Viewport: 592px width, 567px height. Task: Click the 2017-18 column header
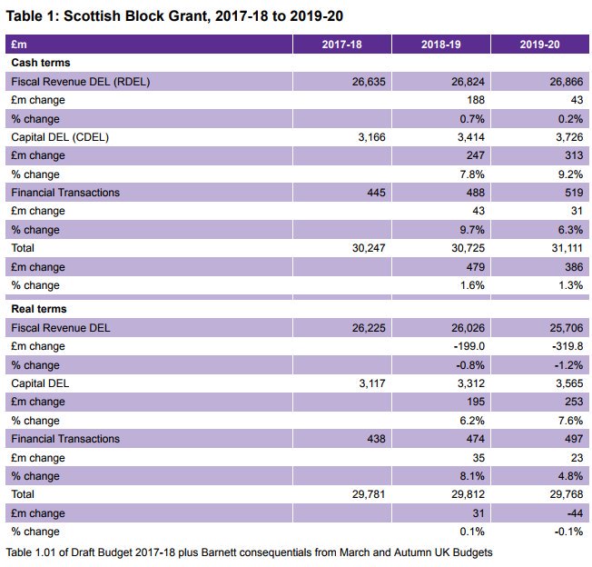(x=341, y=45)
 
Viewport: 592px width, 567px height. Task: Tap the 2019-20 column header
(x=540, y=45)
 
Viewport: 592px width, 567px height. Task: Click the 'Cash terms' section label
(x=41, y=63)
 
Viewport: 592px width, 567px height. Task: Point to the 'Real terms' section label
(x=41, y=309)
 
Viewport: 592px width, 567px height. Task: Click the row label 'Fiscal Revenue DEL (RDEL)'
(x=80, y=82)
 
